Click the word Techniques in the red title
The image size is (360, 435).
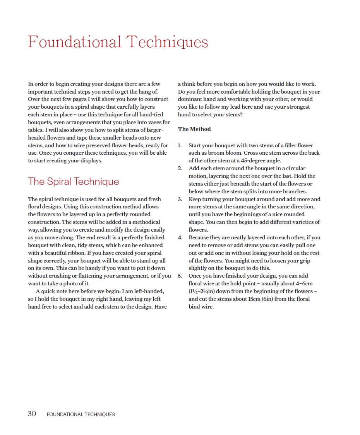pyautogui.click(x=167, y=42)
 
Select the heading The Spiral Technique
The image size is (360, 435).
pyautogui.click(x=74, y=181)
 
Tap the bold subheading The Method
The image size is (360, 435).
pyautogui.click(x=194, y=129)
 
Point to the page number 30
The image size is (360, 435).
pyautogui.click(x=32, y=414)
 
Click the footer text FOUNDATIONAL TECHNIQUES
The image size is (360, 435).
pyautogui.click(x=81, y=414)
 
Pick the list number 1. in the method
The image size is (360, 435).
pyautogui.click(x=180, y=145)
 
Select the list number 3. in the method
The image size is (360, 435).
pyautogui.click(x=180, y=199)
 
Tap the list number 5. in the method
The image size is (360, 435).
pyautogui.click(x=180, y=276)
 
